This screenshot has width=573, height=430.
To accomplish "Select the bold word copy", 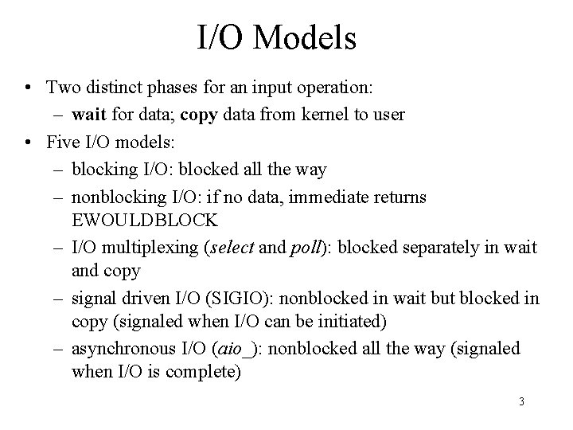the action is pos(197,115).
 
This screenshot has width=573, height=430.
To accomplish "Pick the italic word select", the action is pos(231,248).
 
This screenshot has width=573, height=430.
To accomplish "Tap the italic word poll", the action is pos(302,248).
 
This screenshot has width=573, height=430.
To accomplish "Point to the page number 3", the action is pos(521,401).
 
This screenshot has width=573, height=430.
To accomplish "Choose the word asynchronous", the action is pos(119,349).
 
